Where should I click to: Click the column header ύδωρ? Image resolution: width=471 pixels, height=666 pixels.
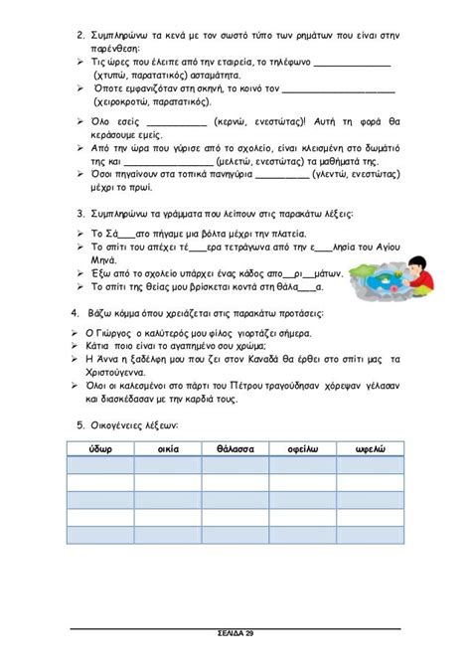(x=99, y=448)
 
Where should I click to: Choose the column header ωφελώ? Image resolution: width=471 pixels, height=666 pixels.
(x=370, y=448)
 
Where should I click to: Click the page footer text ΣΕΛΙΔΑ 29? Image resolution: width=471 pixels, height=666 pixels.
(x=235, y=632)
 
